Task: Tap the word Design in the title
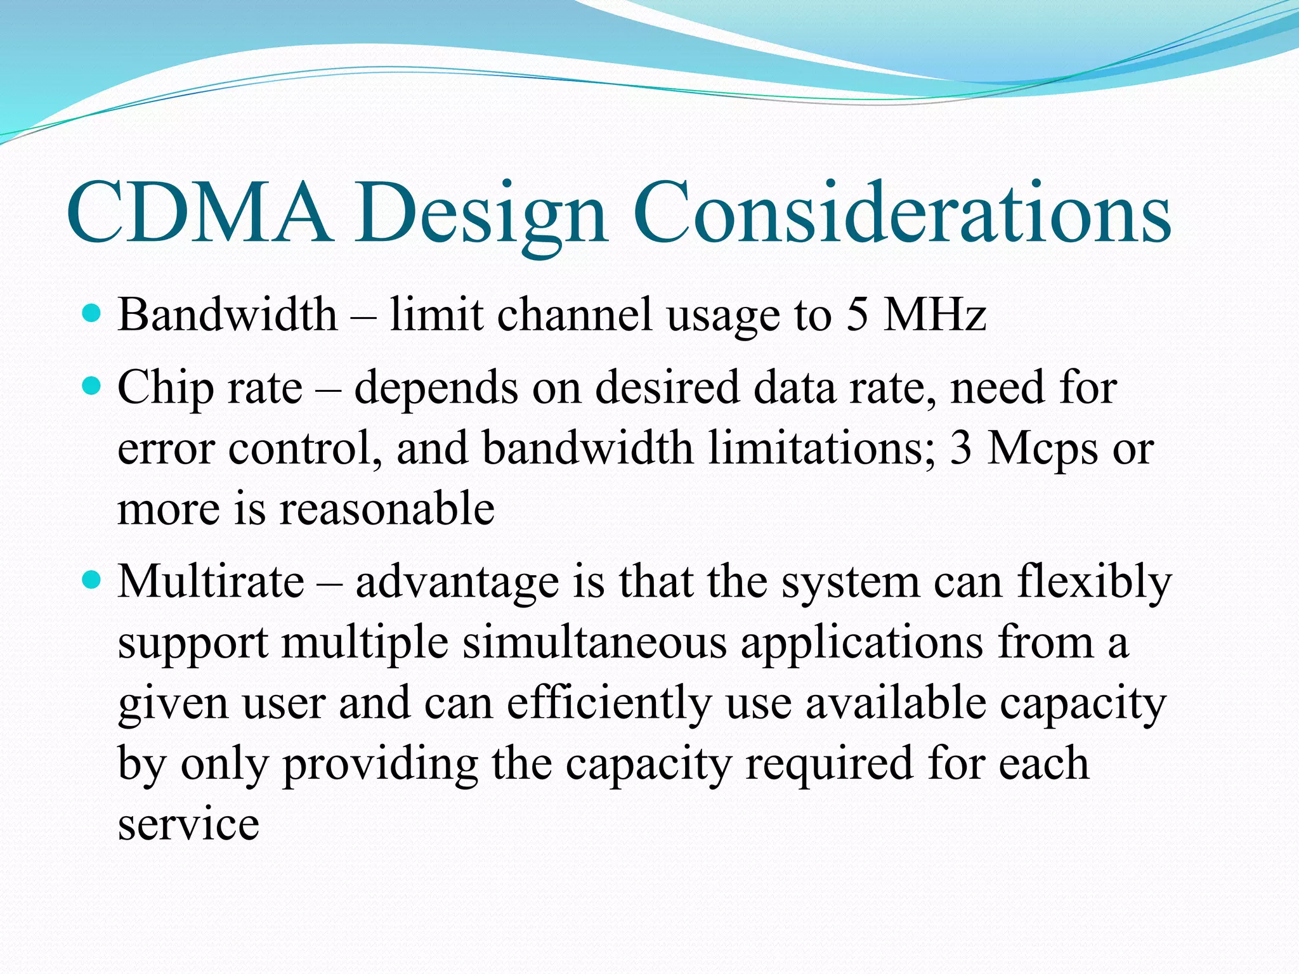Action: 481,216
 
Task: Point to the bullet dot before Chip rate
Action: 93,385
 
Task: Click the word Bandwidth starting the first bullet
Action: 227,315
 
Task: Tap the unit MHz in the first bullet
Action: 935,315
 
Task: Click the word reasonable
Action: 387,509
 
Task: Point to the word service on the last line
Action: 188,824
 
